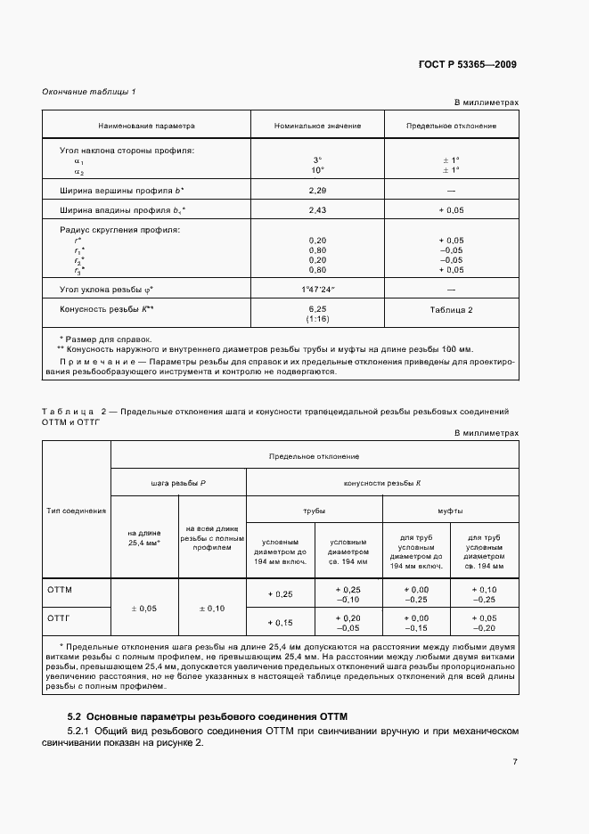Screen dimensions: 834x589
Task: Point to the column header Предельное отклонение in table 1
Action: click(451, 127)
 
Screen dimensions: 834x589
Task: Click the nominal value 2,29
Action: click(317, 191)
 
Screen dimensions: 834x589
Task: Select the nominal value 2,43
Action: click(317, 209)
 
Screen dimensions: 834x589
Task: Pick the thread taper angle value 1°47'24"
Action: click(317, 290)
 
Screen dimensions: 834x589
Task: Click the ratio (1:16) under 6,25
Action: click(317, 317)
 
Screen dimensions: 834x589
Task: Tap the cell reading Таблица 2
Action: click(451, 309)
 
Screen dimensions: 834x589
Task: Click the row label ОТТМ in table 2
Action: click(59, 590)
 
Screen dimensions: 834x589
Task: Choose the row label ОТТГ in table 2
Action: click(58, 617)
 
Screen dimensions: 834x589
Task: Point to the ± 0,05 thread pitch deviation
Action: click(143, 608)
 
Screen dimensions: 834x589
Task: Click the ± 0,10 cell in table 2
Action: click(211, 608)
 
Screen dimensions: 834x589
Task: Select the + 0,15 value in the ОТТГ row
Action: click(281, 622)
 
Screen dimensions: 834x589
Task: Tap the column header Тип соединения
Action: click(76, 511)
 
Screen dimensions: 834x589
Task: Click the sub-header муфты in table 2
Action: click(449, 511)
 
